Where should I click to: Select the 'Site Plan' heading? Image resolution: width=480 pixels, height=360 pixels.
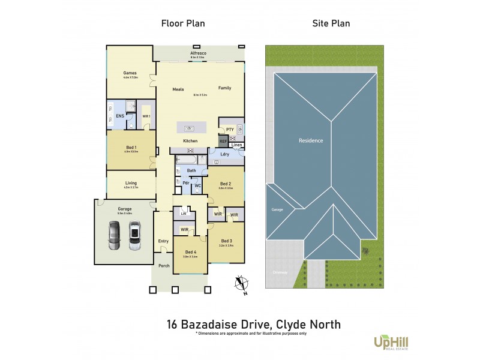pyautogui.click(x=331, y=24)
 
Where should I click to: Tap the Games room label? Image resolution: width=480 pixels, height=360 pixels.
pyautogui.click(x=130, y=73)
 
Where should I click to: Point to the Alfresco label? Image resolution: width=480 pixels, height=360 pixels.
pyautogui.click(x=199, y=53)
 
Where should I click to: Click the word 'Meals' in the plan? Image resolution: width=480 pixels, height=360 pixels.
pyautogui.click(x=178, y=89)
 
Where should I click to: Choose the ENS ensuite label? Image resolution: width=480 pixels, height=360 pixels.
pyautogui.click(x=119, y=115)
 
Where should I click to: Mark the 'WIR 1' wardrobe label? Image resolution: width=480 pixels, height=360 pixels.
pyautogui.click(x=146, y=116)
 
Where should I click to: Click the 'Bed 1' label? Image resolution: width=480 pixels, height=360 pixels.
pyautogui.click(x=131, y=147)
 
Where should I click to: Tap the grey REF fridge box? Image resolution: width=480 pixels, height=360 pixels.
pyautogui.click(x=223, y=142)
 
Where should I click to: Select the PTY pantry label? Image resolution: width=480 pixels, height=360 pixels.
pyautogui.click(x=230, y=128)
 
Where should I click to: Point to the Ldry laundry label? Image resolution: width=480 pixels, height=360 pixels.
pyautogui.click(x=225, y=155)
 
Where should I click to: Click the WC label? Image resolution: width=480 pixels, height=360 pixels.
pyautogui.click(x=197, y=186)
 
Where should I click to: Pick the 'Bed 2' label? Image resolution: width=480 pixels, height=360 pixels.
pyautogui.click(x=226, y=184)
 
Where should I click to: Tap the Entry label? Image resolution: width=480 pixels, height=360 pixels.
pyautogui.click(x=163, y=241)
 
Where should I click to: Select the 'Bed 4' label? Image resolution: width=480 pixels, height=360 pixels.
pyautogui.click(x=190, y=252)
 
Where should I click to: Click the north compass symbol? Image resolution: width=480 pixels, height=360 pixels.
pyautogui.click(x=242, y=284)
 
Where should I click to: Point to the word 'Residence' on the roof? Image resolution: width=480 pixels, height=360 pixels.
pyautogui.click(x=311, y=140)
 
